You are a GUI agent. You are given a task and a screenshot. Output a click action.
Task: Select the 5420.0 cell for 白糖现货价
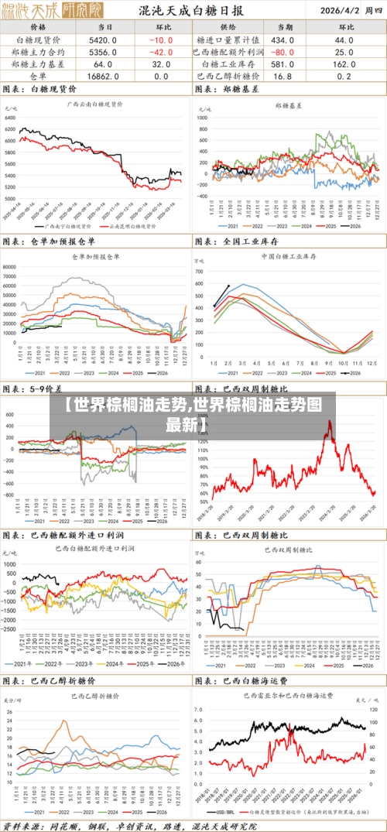(x=103, y=39)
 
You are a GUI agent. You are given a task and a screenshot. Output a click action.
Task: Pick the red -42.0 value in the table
(x=161, y=52)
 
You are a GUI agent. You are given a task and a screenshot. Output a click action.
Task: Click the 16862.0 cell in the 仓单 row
(x=103, y=77)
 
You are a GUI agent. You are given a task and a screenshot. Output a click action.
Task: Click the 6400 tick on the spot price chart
(x=10, y=128)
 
